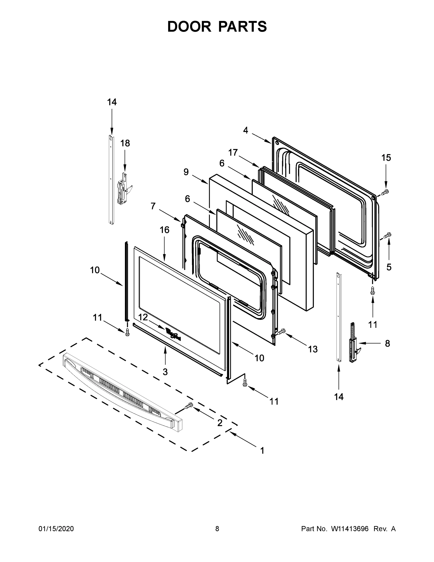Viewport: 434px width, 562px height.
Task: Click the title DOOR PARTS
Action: [217, 26]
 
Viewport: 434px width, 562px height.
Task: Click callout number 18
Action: [125, 143]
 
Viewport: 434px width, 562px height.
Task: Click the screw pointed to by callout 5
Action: [387, 235]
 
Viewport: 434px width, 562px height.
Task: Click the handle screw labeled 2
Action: [189, 406]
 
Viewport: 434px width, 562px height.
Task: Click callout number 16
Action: [164, 230]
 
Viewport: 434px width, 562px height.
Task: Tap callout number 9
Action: [186, 172]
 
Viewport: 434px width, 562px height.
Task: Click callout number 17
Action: [233, 153]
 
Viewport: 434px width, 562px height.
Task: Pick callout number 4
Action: [245, 130]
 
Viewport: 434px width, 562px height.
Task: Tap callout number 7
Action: [153, 206]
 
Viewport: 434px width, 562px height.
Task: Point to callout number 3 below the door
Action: [165, 372]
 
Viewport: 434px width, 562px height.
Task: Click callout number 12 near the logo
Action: [143, 317]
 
